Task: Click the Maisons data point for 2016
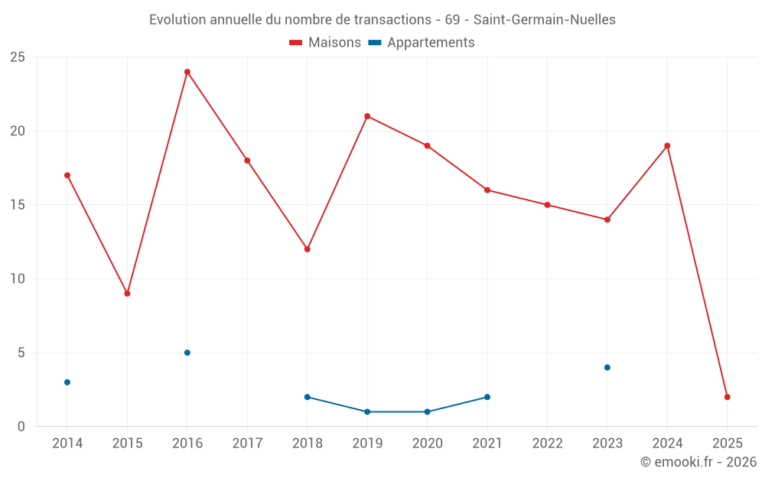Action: (187, 72)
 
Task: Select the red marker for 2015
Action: (127, 294)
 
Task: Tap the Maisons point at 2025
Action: (728, 397)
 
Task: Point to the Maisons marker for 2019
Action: (367, 116)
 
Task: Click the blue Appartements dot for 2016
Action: (187, 353)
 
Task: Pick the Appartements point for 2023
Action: (607, 367)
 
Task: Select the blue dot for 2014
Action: (67, 382)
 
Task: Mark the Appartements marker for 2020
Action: (427, 411)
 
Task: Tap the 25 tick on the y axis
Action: (18, 57)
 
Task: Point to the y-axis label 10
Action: (18, 278)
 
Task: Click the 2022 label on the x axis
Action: (547, 444)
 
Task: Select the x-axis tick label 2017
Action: (247, 444)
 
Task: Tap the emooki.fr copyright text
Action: (698, 462)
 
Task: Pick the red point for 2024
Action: (667, 145)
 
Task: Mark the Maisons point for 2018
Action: (308, 249)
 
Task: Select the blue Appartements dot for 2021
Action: (487, 397)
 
